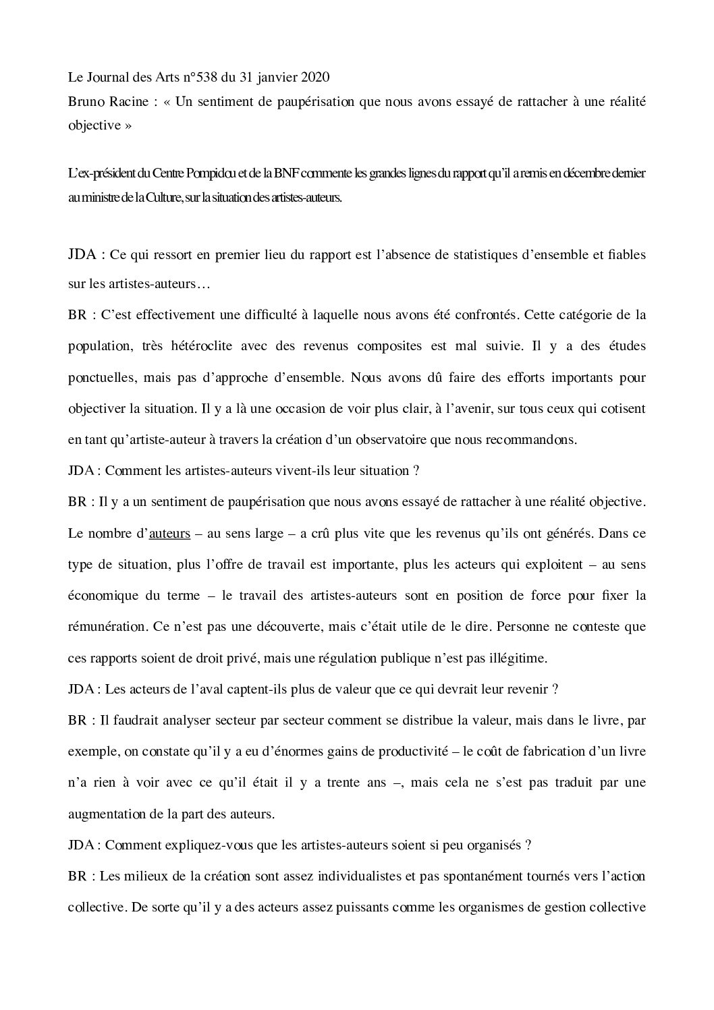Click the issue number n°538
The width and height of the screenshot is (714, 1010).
(197, 78)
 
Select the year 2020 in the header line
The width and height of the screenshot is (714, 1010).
(315, 78)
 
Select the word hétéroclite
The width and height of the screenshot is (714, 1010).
(208, 346)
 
